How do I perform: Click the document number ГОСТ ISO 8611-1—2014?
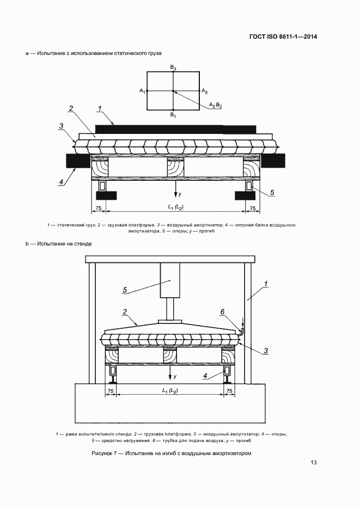[283, 36]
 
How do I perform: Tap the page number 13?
[314, 463]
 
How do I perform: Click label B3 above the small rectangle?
[173, 68]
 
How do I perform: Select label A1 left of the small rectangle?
[143, 91]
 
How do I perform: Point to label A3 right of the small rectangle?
[205, 91]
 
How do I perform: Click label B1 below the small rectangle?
[173, 115]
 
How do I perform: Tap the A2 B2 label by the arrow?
[215, 105]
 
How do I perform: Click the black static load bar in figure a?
[175, 129]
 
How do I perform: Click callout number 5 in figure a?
[272, 193]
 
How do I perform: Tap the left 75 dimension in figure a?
[98, 208]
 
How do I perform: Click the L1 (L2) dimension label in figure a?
[175, 207]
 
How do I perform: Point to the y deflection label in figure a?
[180, 194]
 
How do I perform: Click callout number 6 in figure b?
[222, 312]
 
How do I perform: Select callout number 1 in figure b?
[266, 284]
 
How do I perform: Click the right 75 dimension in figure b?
[229, 391]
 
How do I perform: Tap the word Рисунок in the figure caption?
[102, 453]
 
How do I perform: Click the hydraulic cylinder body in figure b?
[170, 280]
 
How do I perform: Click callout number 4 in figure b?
[205, 376]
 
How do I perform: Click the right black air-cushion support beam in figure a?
[273, 161]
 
